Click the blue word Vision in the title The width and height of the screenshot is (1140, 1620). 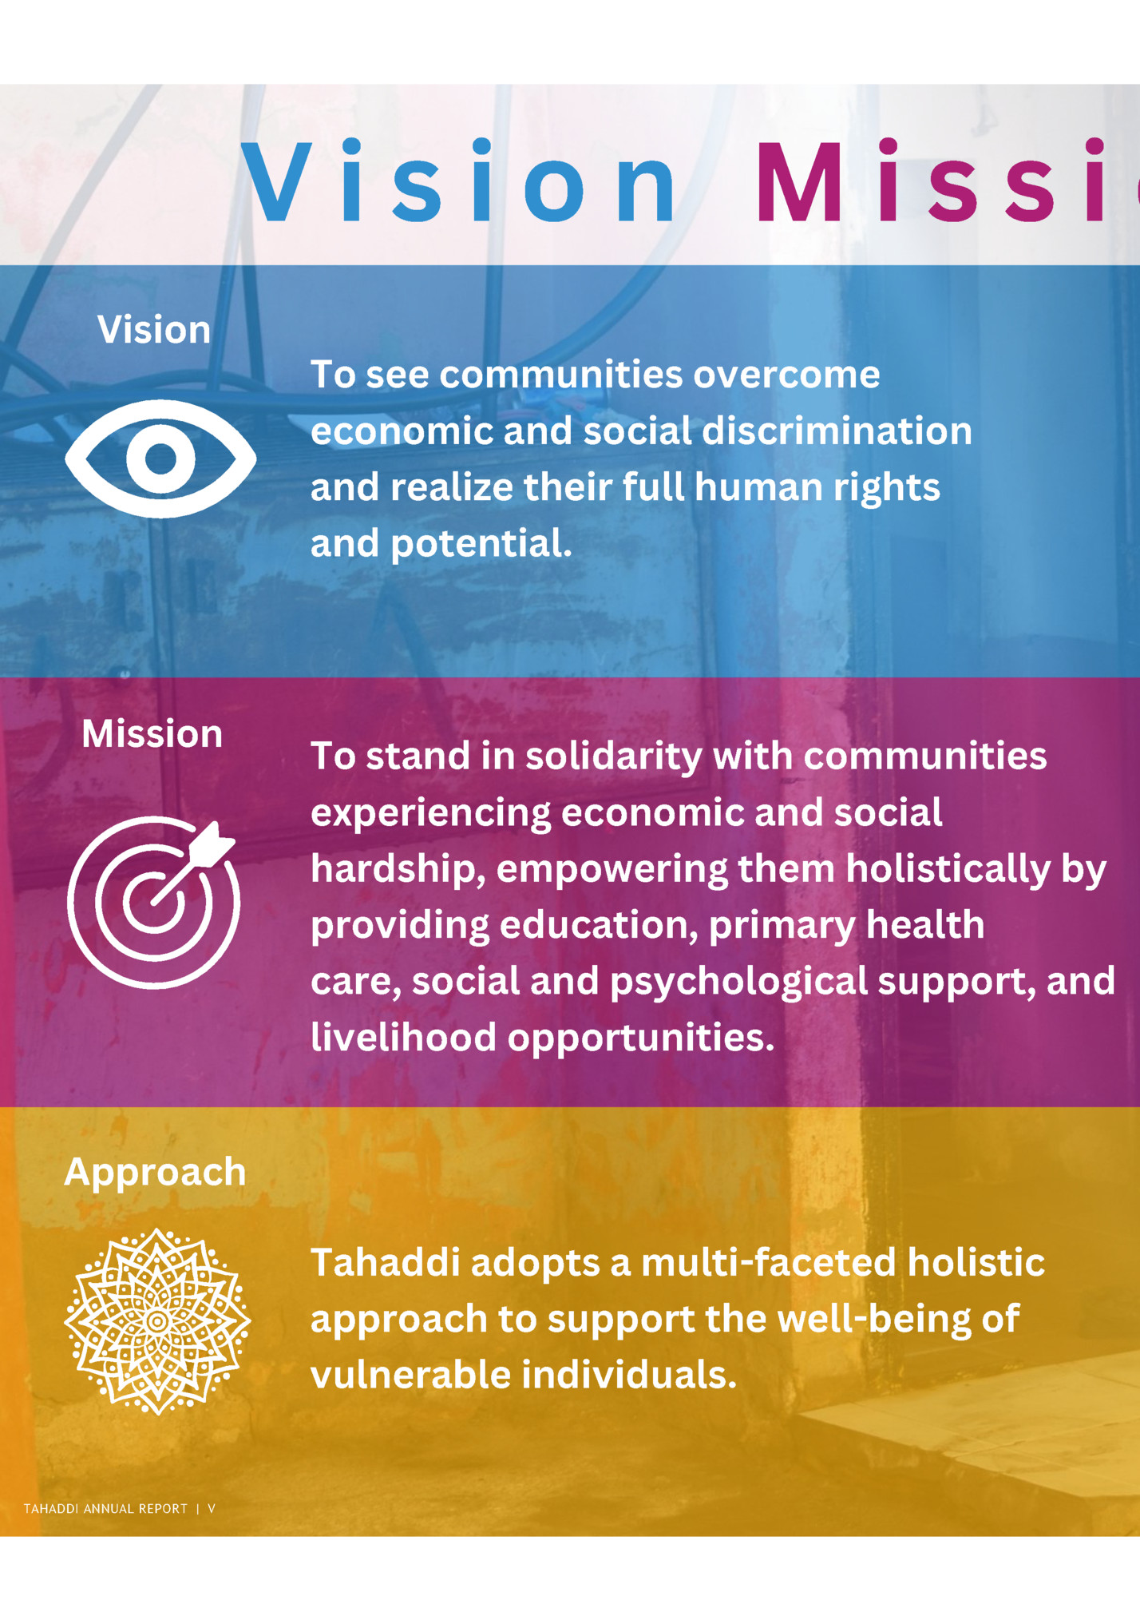458,182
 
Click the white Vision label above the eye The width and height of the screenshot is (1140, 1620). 154,329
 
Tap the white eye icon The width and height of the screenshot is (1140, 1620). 160,459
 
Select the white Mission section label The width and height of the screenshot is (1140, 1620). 152,733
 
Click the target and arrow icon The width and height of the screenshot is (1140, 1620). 154,902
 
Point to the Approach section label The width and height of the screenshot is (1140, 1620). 155,1172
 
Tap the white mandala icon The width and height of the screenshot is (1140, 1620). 157,1321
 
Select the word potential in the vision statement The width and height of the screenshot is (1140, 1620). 481,544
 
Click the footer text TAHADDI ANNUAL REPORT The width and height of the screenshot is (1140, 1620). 105,1509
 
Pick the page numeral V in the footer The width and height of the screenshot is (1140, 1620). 212,1509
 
